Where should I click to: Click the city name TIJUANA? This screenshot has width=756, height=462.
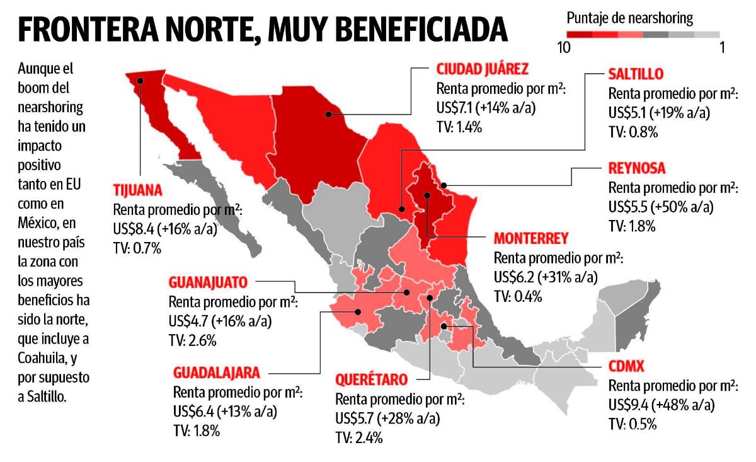coord(138,191)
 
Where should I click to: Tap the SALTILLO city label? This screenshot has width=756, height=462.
coord(636,74)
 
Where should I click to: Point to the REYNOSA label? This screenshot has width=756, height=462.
coord(637,168)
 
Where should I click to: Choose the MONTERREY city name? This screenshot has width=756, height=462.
coord(531,238)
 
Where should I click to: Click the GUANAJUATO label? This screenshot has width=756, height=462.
coord(208,283)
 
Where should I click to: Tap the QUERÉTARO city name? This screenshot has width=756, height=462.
coord(371,379)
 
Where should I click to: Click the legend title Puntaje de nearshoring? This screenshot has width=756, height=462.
coord(629,18)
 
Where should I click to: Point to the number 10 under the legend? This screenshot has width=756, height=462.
coord(565,48)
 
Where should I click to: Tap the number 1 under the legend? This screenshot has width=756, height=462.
coord(722,48)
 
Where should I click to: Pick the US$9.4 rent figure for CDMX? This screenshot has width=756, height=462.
coord(631,404)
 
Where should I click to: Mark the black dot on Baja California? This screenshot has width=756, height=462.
coord(142,80)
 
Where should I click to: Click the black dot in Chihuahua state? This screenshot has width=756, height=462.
coord(328,114)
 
